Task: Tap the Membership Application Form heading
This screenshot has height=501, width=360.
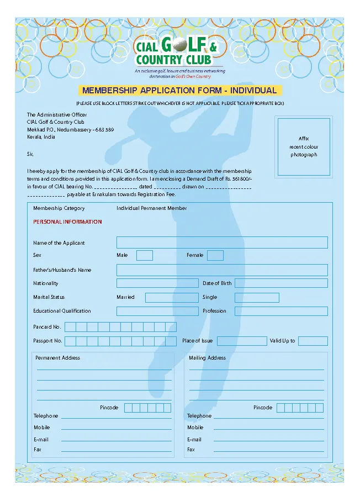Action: coord(179,91)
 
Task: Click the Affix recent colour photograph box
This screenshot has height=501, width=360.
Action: coord(304,146)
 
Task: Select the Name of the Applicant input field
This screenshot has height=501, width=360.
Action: coord(222,242)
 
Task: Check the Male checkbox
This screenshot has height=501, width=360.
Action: coord(144,255)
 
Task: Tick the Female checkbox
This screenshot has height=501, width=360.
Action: coord(215,255)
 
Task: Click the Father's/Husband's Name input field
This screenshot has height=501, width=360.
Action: coord(222,270)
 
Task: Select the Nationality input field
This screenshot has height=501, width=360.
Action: coord(157,283)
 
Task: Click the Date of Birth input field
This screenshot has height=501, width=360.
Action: coord(281,283)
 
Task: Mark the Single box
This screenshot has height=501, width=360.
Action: coord(257,297)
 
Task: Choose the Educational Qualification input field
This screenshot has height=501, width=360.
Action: coord(157,311)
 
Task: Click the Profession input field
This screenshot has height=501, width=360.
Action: coord(281,311)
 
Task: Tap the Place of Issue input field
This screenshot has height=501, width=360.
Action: coord(241,341)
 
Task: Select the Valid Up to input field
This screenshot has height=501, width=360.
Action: coord(313,341)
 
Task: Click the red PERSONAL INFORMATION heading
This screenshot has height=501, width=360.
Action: coord(67,222)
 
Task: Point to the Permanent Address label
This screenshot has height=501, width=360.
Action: coord(57,358)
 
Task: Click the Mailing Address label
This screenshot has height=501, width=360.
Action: coord(207,358)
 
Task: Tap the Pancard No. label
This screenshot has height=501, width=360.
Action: coord(47,327)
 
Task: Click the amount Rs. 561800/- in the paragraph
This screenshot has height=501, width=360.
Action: coord(239,179)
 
